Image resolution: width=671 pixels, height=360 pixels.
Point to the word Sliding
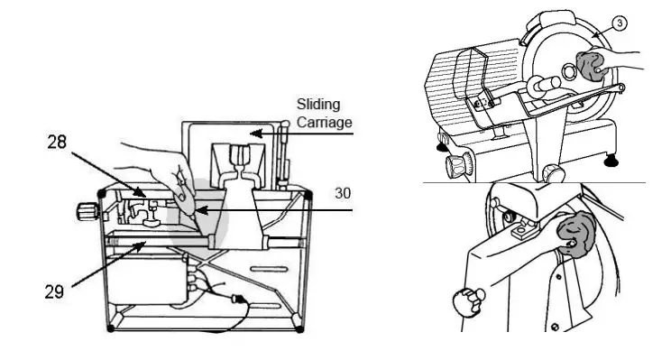318,104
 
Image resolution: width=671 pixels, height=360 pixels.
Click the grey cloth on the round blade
592,67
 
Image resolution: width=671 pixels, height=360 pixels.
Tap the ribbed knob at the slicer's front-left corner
457,164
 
